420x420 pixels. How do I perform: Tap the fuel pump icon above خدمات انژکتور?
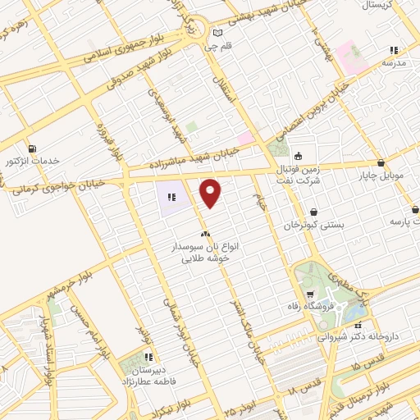(32, 148)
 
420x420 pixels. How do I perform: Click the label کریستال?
(398, 5)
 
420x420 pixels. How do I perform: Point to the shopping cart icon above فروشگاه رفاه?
(309, 295)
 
